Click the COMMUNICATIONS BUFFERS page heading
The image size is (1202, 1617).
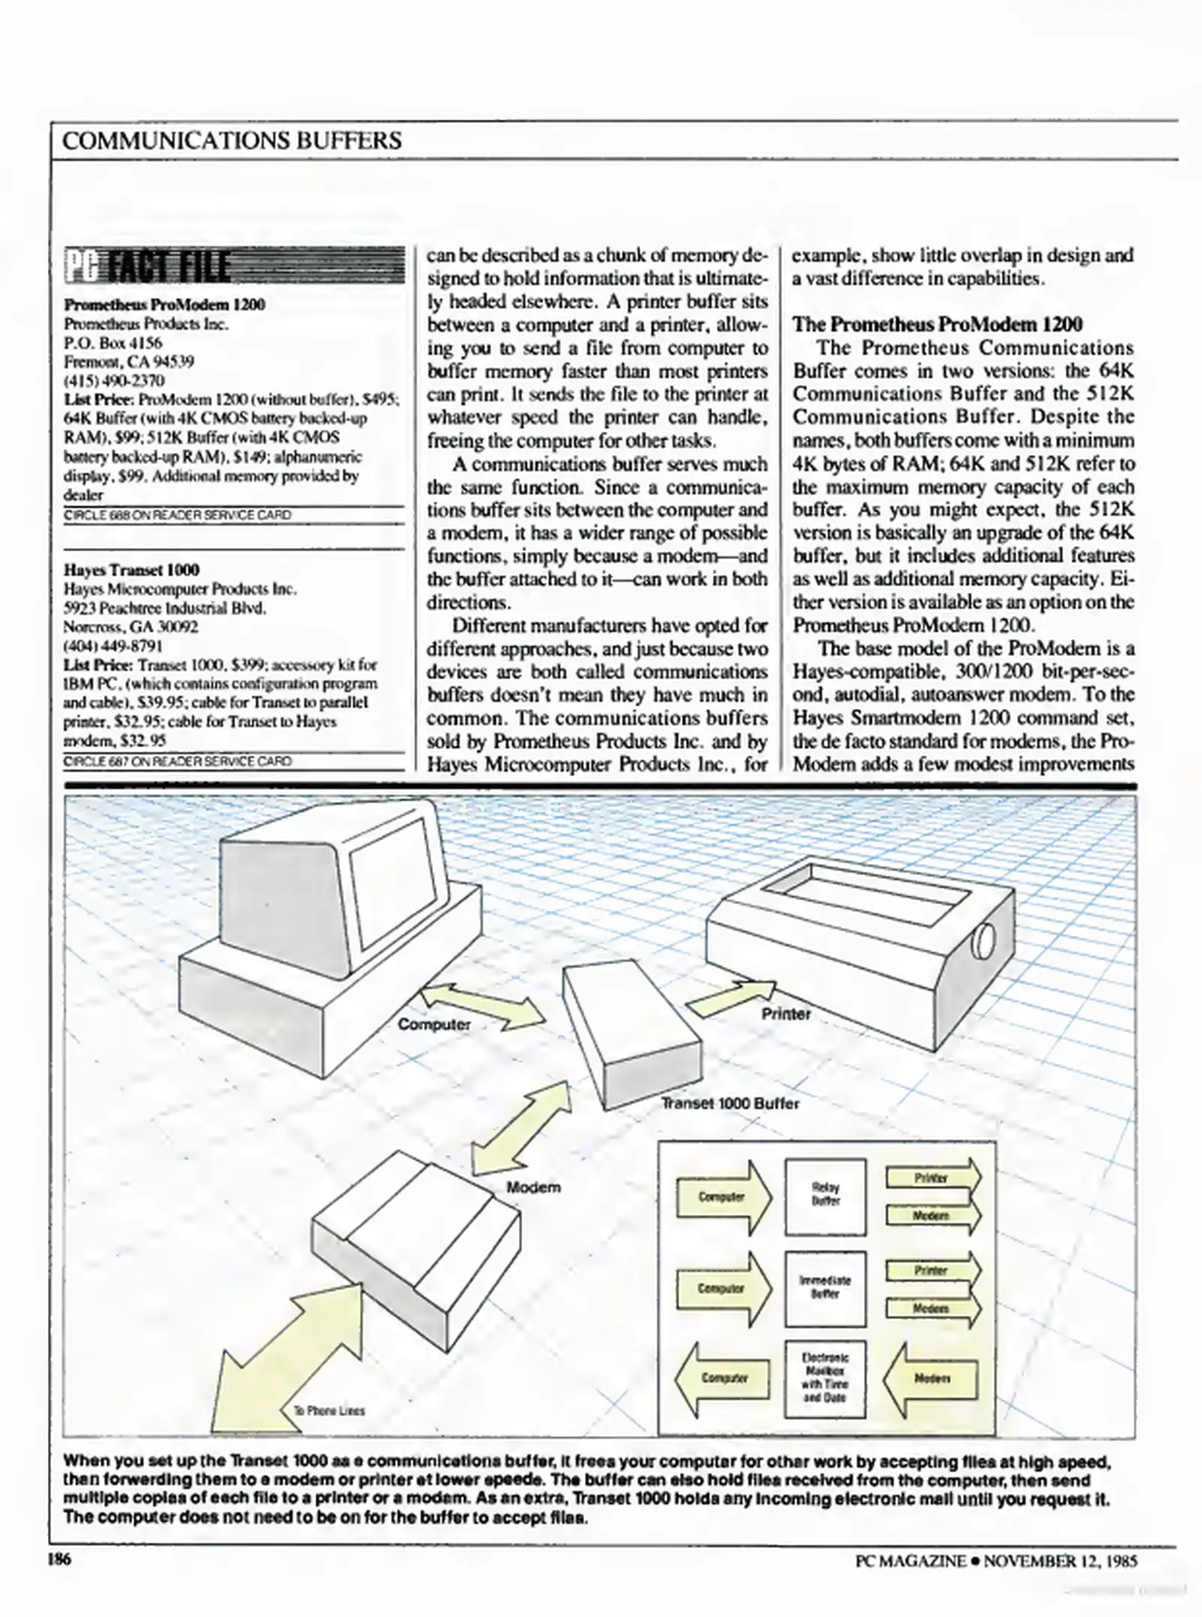pos(232,141)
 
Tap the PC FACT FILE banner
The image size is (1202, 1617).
pos(234,266)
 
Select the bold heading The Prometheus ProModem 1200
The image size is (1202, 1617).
pos(937,324)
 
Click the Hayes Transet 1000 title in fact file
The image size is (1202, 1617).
pos(131,570)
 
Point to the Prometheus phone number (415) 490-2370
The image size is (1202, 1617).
pos(114,380)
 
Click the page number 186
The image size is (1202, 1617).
pos(58,1559)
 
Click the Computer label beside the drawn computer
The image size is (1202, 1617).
pos(434,1023)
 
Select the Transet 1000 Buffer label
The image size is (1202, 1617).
pos(729,1103)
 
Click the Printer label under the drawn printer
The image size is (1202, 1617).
pos(786,1014)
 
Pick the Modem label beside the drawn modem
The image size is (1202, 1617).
pos(532,1187)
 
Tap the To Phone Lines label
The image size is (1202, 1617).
pos(329,1410)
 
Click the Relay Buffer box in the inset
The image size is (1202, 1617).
pos(825,1197)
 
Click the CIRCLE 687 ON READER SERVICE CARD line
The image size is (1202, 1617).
pos(177,761)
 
